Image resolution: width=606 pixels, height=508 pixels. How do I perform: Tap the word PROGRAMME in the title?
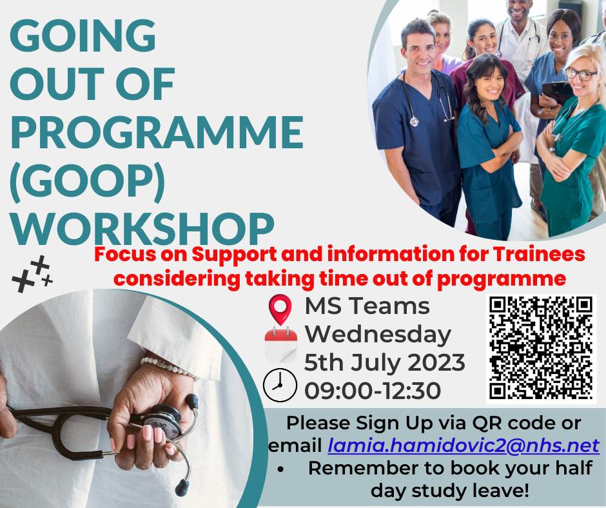coord(157,132)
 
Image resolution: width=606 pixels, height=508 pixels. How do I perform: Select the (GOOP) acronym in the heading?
coord(87,181)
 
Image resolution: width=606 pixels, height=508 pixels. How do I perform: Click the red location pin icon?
coord(280,309)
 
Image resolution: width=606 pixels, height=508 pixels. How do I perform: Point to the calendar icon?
coord(280,345)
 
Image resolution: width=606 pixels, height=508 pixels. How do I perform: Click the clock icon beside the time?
coord(280,385)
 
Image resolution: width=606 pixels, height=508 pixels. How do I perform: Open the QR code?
coord(541,348)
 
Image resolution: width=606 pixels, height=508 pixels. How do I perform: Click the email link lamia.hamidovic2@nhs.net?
coord(464,445)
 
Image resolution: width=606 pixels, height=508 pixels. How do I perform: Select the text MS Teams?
coord(367,306)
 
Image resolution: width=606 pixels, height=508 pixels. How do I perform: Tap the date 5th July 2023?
coord(384,363)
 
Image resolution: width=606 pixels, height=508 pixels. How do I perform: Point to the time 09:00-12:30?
coord(373,391)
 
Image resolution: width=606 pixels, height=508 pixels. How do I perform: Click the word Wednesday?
coord(378,335)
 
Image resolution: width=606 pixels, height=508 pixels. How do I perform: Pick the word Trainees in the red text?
coord(539,255)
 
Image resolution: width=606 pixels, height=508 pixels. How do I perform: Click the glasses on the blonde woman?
coord(580,73)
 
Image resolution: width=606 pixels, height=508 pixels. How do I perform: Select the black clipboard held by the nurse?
coord(556,93)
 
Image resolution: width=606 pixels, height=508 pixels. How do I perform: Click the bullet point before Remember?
coord(280,469)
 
